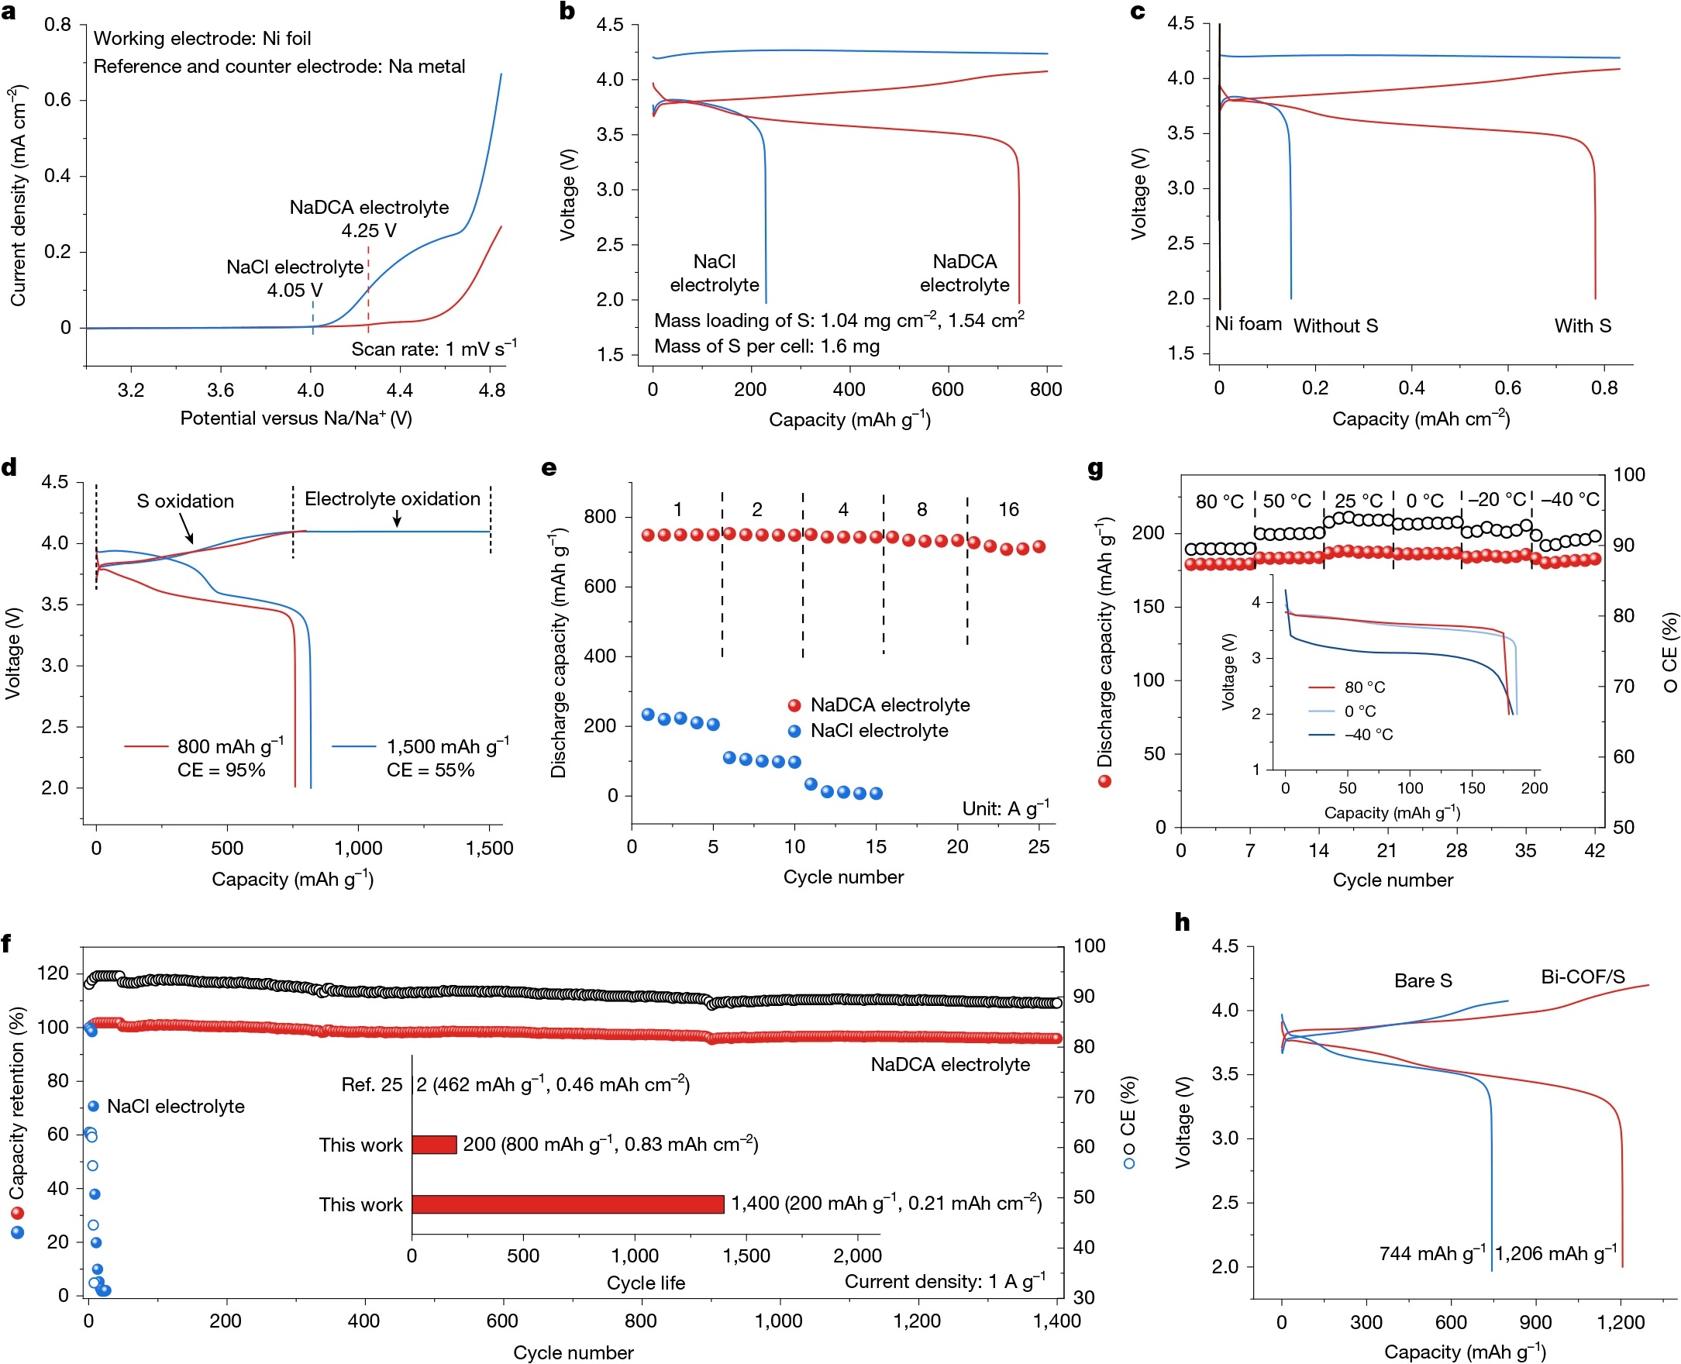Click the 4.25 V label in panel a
(368, 231)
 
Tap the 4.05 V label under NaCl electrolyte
(295, 291)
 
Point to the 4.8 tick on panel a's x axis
(491, 391)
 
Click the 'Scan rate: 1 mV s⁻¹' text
(433, 349)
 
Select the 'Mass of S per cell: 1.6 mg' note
(766, 346)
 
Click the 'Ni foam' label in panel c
(1249, 325)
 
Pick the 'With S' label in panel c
(1582, 326)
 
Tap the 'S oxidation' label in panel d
(185, 501)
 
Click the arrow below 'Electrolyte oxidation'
(398, 518)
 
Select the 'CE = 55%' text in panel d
(430, 770)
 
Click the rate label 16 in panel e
(1008, 510)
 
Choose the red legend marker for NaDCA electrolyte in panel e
(794, 705)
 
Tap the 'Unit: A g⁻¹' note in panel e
(1005, 808)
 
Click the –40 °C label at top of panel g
(1569, 500)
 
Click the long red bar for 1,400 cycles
(567, 1204)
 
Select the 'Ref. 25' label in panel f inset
(371, 1085)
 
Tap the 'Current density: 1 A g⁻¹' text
(945, 1282)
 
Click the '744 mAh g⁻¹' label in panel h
(1432, 1253)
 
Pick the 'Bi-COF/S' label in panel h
(1582, 977)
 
